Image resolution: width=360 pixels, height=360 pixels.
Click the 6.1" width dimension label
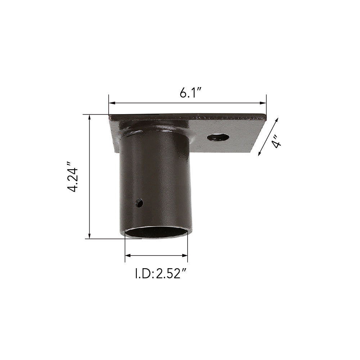tap(190, 93)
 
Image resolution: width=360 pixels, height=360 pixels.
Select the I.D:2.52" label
tap(160, 274)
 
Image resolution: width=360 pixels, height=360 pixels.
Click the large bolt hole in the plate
tap(218, 138)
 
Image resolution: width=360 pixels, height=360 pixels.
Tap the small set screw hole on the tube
tap(139, 203)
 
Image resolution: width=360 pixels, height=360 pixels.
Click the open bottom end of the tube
tap(156, 232)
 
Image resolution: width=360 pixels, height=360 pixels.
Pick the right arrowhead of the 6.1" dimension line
tap(263, 103)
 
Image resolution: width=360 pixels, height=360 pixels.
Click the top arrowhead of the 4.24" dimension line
tap(90, 118)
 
